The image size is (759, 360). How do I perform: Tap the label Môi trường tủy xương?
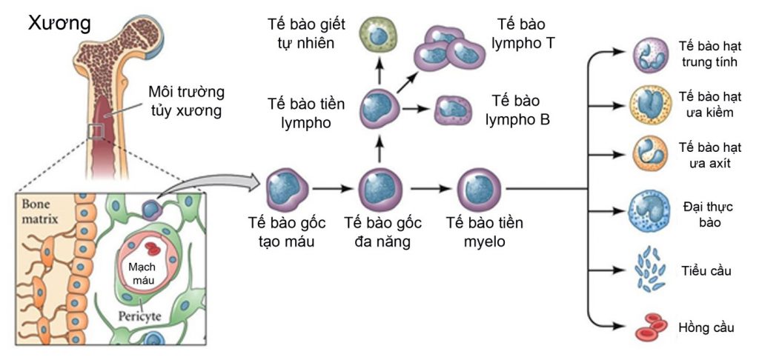click(186, 102)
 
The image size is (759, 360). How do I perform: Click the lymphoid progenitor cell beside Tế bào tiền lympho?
click(379, 109)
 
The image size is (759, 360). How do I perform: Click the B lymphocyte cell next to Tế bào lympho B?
click(453, 110)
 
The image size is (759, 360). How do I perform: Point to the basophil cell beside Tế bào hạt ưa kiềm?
click(651, 104)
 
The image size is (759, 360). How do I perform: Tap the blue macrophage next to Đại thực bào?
click(651, 210)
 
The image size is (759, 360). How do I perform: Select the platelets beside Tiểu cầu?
click(650, 270)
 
